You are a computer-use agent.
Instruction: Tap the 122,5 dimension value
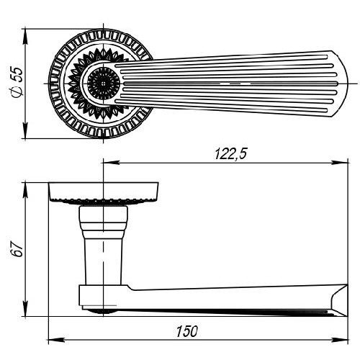click(230, 154)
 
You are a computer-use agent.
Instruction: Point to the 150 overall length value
click(187, 331)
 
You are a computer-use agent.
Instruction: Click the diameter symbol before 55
click(17, 93)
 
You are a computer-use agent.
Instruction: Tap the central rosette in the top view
click(104, 84)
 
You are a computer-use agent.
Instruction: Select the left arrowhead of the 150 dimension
click(57, 340)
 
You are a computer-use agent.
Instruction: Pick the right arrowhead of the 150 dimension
click(340, 340)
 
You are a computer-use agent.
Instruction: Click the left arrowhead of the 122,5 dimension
click(112, 163)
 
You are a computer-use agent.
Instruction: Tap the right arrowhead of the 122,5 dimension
click(340, 163)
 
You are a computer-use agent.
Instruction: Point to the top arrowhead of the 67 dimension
click(25, 191)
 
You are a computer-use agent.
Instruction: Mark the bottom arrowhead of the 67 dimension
click(25, 308)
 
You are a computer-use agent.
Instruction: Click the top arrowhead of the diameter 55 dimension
click(25, 37)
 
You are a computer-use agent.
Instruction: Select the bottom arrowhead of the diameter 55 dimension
click(25, 130)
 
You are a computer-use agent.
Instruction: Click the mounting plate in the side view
click(104, 192)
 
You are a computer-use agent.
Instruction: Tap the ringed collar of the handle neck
click(104, 222)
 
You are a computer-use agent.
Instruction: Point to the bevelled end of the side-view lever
click(339, 300)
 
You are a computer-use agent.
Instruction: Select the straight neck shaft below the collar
click(104, 261)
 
